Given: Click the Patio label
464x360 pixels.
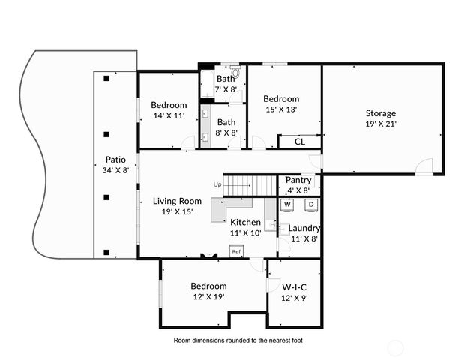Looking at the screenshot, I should [x=115, y=159].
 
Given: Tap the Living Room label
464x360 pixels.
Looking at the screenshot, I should [x=177, y=201].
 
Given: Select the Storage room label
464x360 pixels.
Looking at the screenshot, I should [x=380, y=113].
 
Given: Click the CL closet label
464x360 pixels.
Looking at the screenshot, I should [x=299, y=141].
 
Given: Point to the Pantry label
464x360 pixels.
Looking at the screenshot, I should [x=298, y=180].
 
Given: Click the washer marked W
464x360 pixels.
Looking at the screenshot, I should [x=286, y=204].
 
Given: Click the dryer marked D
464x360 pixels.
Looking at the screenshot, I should [x=310, y=204].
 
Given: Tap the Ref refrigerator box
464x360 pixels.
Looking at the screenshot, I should [x=235, y=251].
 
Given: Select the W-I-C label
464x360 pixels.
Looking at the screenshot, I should [x=294, y=286].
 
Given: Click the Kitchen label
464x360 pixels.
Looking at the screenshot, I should [x=245, y=223].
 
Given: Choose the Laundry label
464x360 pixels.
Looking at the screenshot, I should [x=304, y=228].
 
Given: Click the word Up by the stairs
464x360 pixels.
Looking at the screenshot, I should [x=217, y=184].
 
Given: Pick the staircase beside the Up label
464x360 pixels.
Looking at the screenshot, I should [x=250, y=184].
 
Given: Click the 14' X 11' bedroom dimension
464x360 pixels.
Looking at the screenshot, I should [x=169, y=116].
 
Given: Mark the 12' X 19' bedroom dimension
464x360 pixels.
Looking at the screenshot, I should [x=208, y=297].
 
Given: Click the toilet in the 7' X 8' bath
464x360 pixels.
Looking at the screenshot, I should [x=235, y=73].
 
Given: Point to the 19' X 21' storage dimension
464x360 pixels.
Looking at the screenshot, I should [x=380, y=124].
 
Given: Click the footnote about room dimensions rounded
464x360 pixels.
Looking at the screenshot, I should [x=238, y=340].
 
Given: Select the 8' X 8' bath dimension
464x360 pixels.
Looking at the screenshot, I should [x=226, y=133].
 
